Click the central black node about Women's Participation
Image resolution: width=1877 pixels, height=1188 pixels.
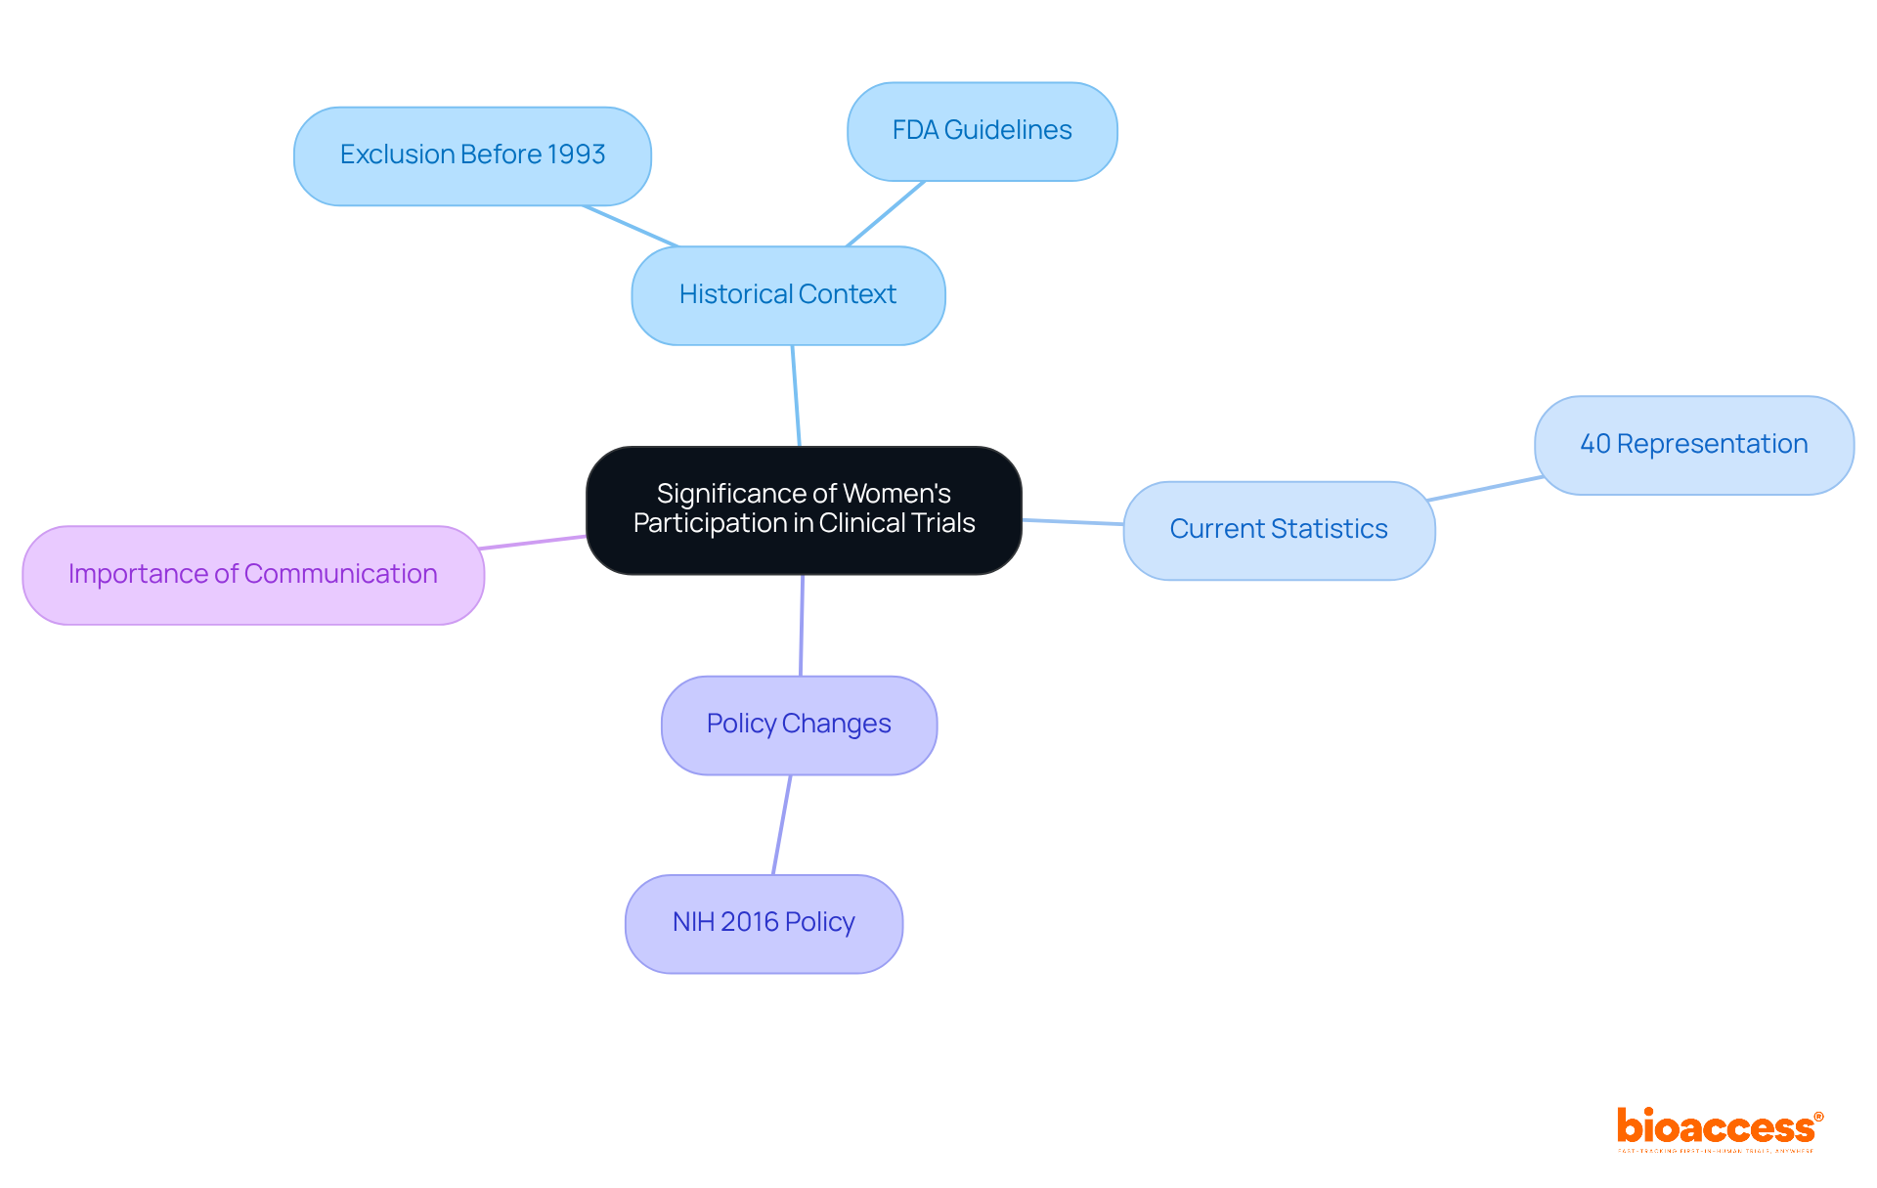click(x=804, y=509)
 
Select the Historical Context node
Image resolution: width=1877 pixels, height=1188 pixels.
click(x=788, y=294)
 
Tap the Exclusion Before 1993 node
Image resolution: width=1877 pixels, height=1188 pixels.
click(x=472, y=155)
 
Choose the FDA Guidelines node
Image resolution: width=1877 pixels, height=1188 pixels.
click(x=982, y=131)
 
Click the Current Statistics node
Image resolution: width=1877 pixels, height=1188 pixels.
click(x=1279, y=530)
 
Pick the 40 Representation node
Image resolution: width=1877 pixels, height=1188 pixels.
click(x=1693, y=445)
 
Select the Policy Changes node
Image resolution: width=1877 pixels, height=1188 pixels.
click(x=799, y=725)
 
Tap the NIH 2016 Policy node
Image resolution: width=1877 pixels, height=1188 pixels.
click(x=764, y=923)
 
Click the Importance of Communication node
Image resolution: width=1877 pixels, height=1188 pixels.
click(x=253, y=575)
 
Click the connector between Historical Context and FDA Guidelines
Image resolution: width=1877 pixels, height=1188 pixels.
click(x=886, y=213)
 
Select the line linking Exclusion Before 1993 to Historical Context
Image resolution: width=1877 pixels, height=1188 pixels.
click(x=631, y=226)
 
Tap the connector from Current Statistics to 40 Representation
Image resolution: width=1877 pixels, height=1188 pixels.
click(x=1485, y=489)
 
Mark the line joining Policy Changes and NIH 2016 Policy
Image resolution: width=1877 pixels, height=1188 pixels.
click(x=781, y=825)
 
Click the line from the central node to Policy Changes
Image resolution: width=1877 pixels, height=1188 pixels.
click(x=802, y=626)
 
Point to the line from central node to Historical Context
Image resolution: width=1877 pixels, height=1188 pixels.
click(x=796, y=396)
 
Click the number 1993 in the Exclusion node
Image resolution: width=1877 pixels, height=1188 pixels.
click(x=576, y=154)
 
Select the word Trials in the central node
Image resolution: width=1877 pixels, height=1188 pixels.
click(x=943, y=523)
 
